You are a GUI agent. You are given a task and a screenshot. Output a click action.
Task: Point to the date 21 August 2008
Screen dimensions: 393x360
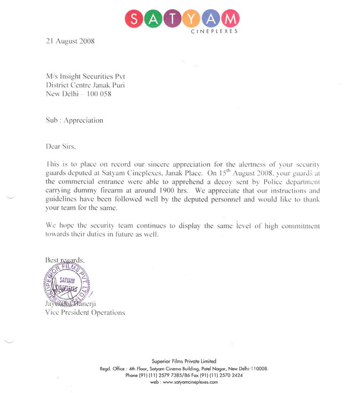click(x=70, y=41)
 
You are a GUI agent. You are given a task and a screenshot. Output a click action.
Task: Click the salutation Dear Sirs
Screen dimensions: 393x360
click(x=60, y=146)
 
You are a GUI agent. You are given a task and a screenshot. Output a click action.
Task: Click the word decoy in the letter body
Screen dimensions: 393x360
click(x=204, y=181)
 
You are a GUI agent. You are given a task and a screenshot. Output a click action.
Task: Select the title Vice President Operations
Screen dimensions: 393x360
click(x=85, y=312)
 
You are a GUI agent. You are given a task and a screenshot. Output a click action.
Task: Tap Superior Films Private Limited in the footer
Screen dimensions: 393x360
click(x=183, y=361)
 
